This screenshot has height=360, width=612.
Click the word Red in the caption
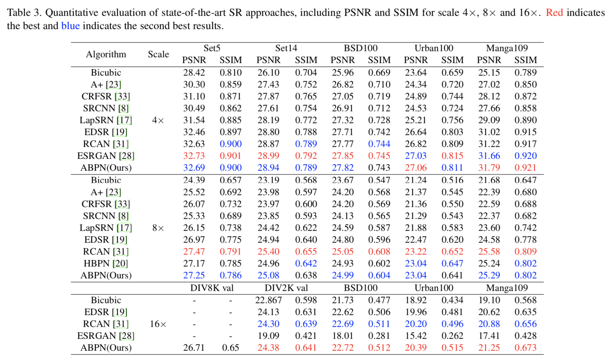[x=554, y=13]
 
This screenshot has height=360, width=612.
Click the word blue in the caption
[x=70, y=26]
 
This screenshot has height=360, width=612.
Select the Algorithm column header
[x=106, y=54]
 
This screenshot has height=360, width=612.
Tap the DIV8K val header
[x=212, y=288]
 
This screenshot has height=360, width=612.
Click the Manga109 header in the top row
[x=507, y=48]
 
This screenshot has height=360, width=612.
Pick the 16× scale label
[x=158, y=324]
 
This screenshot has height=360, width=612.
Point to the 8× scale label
[x=158, y=228]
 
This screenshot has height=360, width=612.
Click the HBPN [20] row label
[x=106, y=264]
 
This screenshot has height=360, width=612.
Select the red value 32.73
[x=194, y=156]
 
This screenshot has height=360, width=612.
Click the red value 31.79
[x=489, y=168]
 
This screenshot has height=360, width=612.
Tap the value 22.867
[x=268, y=300]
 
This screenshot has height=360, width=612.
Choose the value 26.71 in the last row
[x=194, y=348]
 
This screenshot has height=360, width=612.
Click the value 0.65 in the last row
[x=231, y=348]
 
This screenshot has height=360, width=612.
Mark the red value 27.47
[x=194, y=252]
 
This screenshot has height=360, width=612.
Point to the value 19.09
[x=268, y=336]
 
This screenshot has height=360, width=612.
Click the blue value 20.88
[x=489, y=324]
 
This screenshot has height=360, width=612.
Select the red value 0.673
[x=525, y=348]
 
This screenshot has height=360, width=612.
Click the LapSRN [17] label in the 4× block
[x=106, y=120]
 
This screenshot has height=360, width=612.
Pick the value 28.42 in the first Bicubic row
[x=194, y=73]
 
